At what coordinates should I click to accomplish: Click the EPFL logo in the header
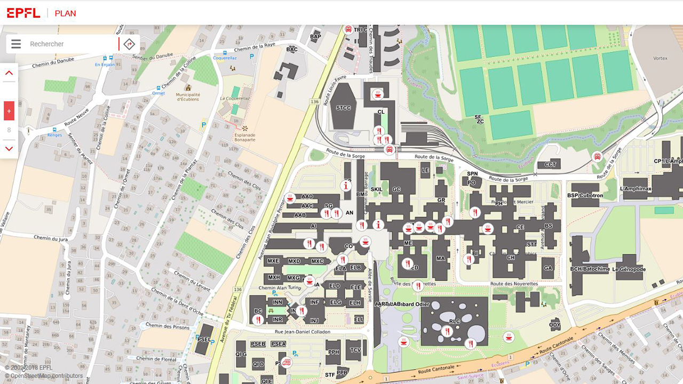[23, 13]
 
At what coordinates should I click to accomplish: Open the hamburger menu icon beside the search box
[16, 44]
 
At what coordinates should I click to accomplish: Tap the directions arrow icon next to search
[129, 44]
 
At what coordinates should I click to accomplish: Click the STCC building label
[344, 108]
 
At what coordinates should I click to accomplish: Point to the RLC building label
[454, 322]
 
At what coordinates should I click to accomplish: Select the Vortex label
[660, 58]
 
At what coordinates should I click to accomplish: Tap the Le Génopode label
[629, 269]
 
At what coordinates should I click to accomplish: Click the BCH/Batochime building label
[590, 269]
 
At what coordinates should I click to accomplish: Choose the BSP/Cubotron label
[585, 196]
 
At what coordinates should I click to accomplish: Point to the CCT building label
[550, 165]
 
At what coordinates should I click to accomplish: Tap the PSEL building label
[203, 339]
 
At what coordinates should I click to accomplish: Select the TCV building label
[355, 350]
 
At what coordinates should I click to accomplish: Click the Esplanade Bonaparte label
[244, 137]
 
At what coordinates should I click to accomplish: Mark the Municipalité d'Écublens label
[187, 97]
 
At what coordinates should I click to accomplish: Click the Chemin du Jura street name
[51, 238]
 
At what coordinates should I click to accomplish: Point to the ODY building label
[555, 325]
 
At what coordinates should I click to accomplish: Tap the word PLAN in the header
[65, 13]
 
